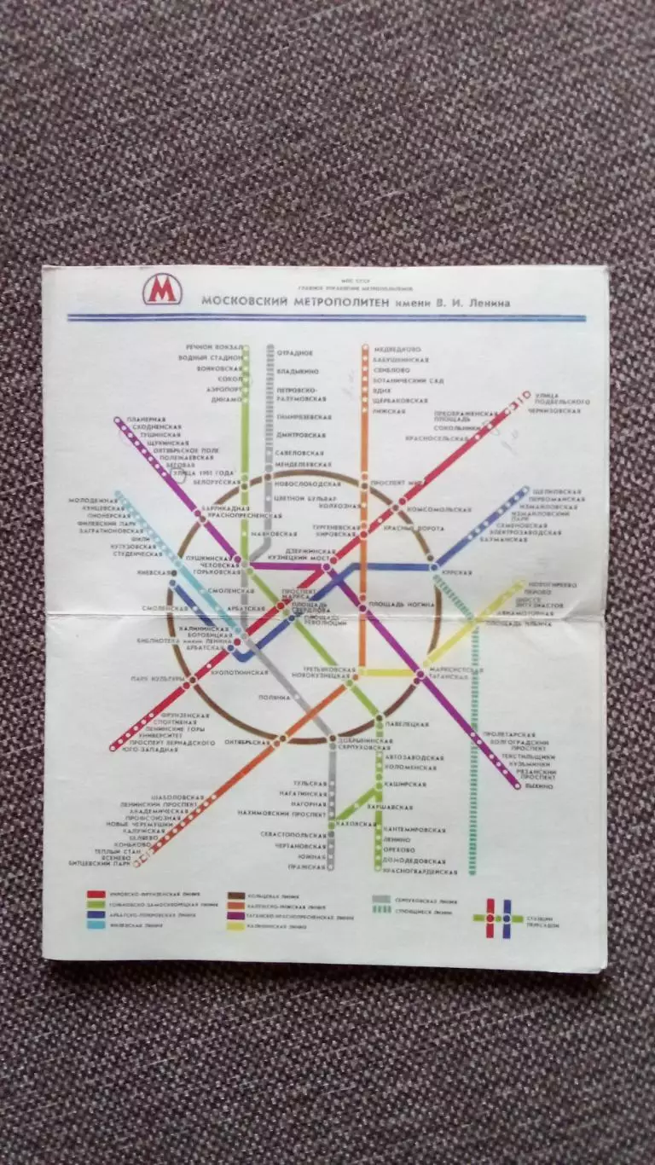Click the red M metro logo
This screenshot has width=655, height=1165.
tap(162, 290)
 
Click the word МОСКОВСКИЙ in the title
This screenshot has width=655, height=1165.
tap(244, 301)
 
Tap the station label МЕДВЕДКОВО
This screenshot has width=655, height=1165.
tap(397, 349)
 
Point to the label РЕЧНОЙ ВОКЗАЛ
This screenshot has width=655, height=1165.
tap(213, 348)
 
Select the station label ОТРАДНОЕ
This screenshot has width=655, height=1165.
tap(294, 352)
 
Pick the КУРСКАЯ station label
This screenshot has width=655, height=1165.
tap(458, 571)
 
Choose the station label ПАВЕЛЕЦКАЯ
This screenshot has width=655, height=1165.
tap(403, 724)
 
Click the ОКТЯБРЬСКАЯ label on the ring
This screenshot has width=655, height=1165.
tap(247, 743)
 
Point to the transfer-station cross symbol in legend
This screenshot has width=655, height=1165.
tap(498, 918)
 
